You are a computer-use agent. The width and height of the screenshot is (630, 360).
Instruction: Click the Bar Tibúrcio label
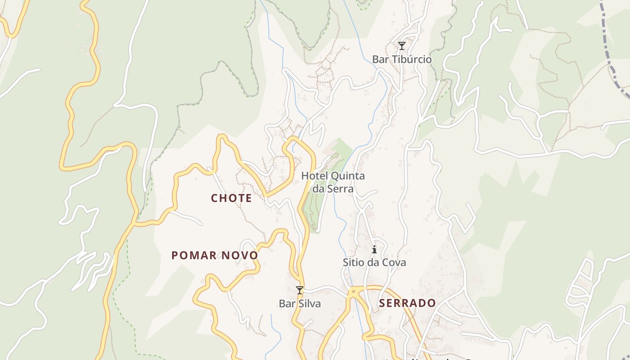[x=401, y=59]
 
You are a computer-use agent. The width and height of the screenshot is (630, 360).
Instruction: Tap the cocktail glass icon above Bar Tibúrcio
[x=401, y=46]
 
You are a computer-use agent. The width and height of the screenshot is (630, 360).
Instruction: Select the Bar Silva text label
[x=300, y=304]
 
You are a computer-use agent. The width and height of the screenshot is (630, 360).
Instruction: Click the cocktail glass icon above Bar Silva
[x=300, y=290]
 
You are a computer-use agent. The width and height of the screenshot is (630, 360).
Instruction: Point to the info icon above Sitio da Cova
[x=374, y=249]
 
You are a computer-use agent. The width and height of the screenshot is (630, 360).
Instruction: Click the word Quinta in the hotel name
[x=348, y=176]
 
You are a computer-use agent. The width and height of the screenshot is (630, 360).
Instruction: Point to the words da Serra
[x=333, y=189]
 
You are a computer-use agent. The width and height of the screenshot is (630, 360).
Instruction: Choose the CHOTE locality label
[x=231, y=198]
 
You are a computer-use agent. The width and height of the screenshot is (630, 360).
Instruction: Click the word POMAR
[x=194, y=256]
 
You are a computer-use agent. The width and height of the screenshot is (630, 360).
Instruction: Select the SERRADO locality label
[x=407, y=303]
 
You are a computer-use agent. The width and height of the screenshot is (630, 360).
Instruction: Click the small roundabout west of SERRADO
[x=354, y=292]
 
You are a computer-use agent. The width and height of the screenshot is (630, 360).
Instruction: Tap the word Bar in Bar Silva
[x=286, y=304]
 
